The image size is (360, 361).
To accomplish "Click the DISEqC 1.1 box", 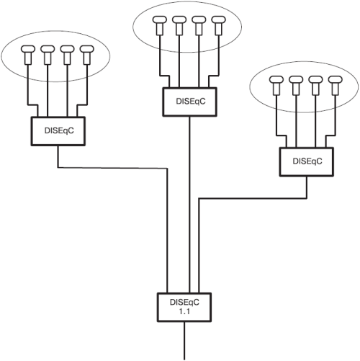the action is point(184,307).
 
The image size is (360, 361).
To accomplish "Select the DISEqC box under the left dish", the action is point(58,131).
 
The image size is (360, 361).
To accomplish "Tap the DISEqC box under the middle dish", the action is point(190,102).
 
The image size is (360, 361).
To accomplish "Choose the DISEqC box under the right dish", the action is point(307,162).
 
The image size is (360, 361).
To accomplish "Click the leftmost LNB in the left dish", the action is point(28,55).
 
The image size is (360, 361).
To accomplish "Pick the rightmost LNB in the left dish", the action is point(87,55).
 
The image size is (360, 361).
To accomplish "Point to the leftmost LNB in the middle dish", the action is point(160,26).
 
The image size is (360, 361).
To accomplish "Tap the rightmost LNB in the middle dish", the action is point(218,26).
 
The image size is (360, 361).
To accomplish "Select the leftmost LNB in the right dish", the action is point(276,85).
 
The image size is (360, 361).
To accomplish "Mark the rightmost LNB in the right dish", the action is point(336,85).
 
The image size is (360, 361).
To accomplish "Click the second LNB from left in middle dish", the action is point(179,26).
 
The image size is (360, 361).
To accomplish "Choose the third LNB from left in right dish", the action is point(315,85).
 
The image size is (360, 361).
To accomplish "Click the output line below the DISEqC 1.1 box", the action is point(184,341).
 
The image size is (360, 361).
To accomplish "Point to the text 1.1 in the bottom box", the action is point(184,311).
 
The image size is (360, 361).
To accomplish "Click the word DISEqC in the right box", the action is point(307,161).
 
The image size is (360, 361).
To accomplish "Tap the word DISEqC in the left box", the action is point(59,130).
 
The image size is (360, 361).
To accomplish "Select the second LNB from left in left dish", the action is point(48,55).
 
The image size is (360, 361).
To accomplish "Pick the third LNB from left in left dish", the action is point(67,55).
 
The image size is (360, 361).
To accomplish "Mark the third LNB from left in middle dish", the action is point(199,26).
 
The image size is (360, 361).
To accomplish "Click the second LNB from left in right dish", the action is point(296,85).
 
